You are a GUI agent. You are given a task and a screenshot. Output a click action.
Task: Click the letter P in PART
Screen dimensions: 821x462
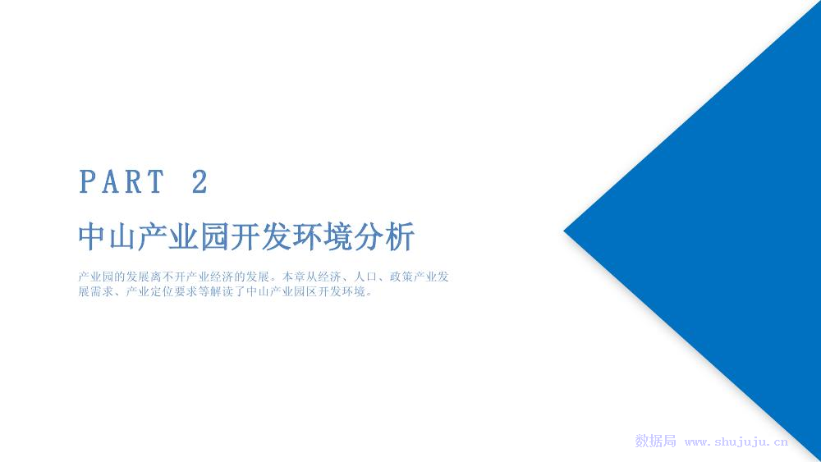[87, 181]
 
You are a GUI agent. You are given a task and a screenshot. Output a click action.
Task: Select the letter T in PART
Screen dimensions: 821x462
[155, 181]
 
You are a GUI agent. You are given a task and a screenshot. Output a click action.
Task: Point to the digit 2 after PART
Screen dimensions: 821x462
[200, 181]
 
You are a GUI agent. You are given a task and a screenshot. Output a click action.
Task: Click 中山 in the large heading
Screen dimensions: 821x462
[108, 236]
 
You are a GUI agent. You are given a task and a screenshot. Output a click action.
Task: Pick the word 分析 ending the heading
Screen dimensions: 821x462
[383, 236]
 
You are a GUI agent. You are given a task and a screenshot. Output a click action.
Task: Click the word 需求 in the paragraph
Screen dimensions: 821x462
[102, 291]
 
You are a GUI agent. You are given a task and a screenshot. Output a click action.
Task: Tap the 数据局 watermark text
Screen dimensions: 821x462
[655, 441]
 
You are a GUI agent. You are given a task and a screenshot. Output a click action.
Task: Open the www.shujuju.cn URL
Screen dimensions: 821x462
[736, 442]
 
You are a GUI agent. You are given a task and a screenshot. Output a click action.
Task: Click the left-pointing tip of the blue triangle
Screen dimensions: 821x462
[564, 231]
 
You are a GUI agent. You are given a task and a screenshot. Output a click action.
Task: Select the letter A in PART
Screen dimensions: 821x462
[110, 181]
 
